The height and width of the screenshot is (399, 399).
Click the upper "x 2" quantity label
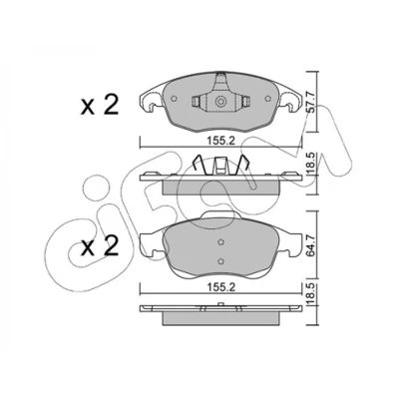click(x=100, y=106)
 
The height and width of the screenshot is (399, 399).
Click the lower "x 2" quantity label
click(x=100, y=246)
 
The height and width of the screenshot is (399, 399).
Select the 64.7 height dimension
click(x=311, y=245)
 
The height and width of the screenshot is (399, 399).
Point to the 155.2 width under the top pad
click(x=221, y=141)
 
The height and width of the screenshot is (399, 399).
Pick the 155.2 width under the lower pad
click(x=221, y=287)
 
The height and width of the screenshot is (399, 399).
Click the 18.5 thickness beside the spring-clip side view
click(x=311, y=165)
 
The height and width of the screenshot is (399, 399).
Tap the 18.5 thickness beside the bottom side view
click(x=311, y=292)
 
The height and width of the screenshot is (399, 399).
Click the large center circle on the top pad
click(x=219, y=102)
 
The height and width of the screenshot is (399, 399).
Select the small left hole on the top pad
click(x=174, y=99)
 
